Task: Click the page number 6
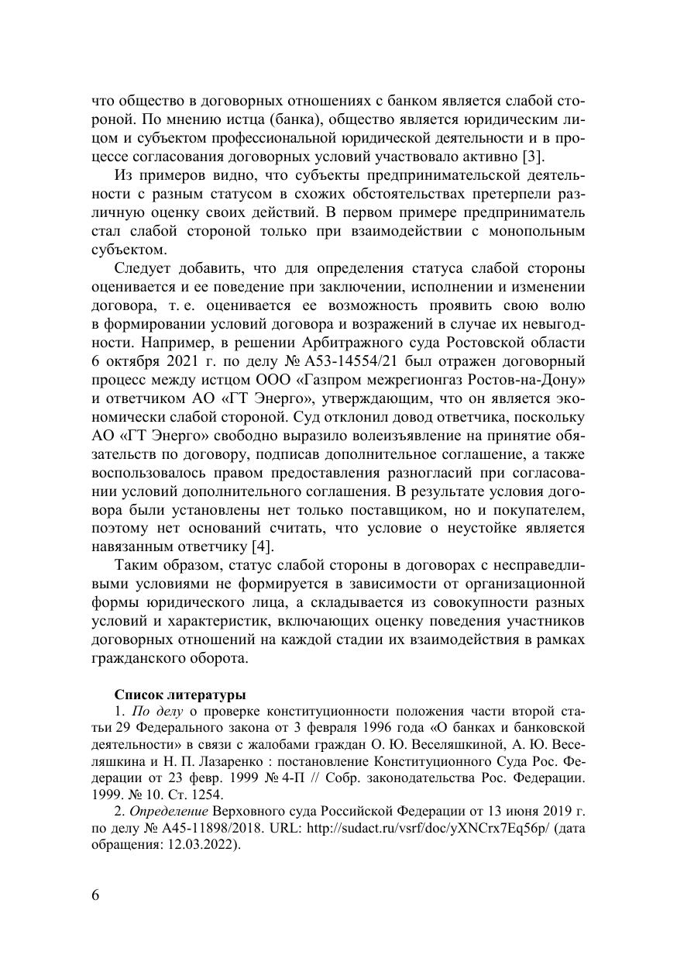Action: (x=95, y=895)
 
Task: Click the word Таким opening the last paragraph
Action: (x=136, y=566)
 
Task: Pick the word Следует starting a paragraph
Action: (x=144, y=268)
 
